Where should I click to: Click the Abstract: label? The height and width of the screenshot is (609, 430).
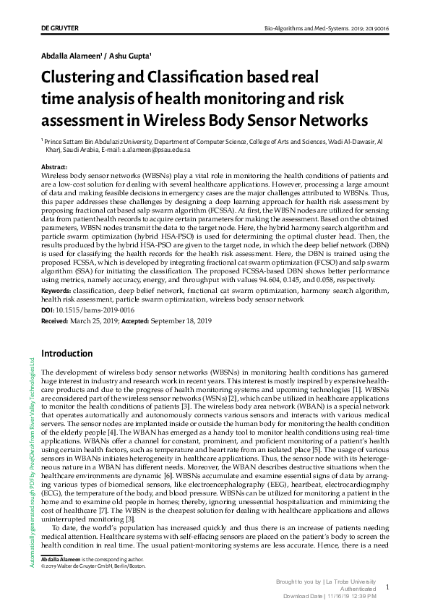pos(55,167)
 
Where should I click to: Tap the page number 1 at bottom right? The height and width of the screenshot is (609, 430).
pos(387,588)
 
